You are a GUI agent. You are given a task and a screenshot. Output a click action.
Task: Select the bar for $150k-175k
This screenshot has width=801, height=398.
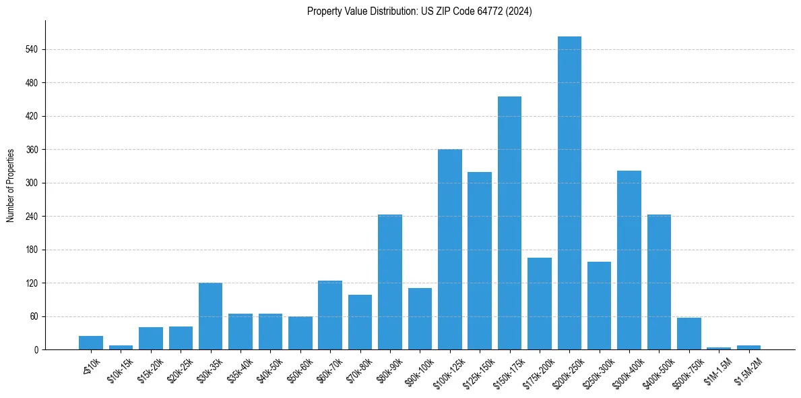pos(509,223)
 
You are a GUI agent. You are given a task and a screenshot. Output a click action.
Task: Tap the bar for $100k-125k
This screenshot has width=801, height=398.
pos(449,250)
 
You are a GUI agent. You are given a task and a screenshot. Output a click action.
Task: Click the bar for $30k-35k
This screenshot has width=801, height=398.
pos(210,316)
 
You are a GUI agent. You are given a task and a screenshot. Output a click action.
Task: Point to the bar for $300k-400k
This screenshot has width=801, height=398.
pos(629,260)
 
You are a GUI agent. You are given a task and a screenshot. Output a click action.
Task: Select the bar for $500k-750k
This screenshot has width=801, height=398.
pos(688,334)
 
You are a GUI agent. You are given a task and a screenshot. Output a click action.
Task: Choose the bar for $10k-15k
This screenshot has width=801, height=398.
pos(121,347)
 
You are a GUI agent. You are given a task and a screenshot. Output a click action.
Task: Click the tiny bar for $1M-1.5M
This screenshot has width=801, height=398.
pos(719,348)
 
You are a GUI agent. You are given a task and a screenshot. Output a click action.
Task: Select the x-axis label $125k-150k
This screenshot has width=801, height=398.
pos(478,372)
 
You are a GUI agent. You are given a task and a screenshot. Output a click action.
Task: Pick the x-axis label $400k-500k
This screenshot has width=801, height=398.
pos(657,372)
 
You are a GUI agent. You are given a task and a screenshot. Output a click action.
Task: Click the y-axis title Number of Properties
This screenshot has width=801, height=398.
pos(10,185)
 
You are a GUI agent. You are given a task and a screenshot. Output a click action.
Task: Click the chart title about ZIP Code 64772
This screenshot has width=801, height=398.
pos(419,11)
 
